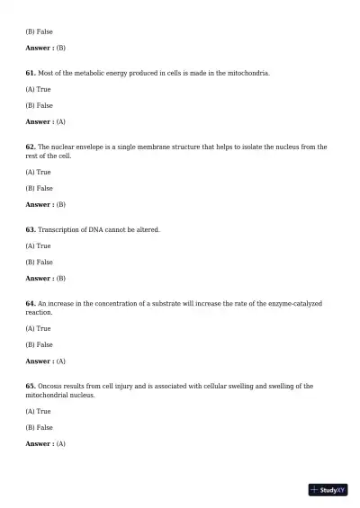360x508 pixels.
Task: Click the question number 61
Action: (x=31, y=73)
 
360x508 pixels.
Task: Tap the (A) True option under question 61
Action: (x=38, y=89)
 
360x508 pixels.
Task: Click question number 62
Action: (x=31, y=147)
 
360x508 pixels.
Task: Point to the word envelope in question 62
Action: (x=94, y=147)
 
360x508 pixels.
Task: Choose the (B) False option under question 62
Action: (x=39, y=188)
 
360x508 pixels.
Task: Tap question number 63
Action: (x=31, y=229)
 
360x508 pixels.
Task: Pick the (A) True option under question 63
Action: (x=38, y=245)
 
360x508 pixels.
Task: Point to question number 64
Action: (x=31, y=303)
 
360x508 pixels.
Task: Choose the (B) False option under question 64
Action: (x=39, y=344)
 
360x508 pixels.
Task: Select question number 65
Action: (x=31, y=386)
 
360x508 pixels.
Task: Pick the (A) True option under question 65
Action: (x=38, y=411)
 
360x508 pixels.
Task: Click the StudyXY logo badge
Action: (x=328, y=490)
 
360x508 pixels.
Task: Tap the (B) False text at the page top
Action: (x=39, y=31)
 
